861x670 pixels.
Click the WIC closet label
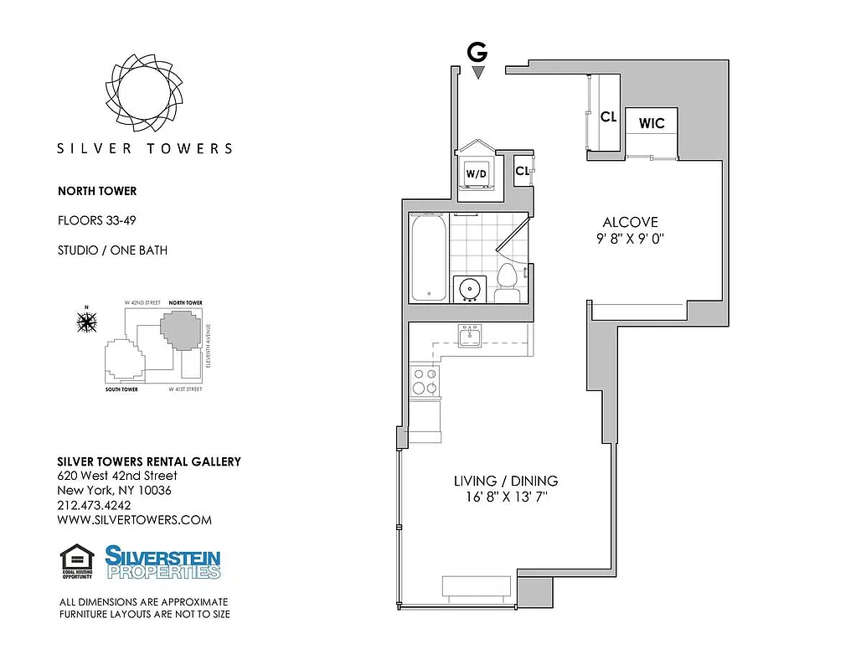point(652,123)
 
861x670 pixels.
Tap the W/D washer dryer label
point(476,174)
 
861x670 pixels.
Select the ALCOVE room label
point(630,222)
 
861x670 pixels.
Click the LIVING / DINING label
point(505,481)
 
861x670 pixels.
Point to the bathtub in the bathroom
point(428,258)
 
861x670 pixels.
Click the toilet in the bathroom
point(506,283)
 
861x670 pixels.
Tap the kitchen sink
point(469,337)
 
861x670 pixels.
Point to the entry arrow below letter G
point(477,74)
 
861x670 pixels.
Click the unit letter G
point(477,53)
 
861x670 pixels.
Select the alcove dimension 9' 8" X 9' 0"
point(630,239)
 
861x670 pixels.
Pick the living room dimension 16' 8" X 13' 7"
point(505,497)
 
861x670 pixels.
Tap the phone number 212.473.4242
point(94,505)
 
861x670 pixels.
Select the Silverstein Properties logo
point(162,562)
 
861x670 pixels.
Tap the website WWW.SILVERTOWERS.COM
point(134,519)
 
